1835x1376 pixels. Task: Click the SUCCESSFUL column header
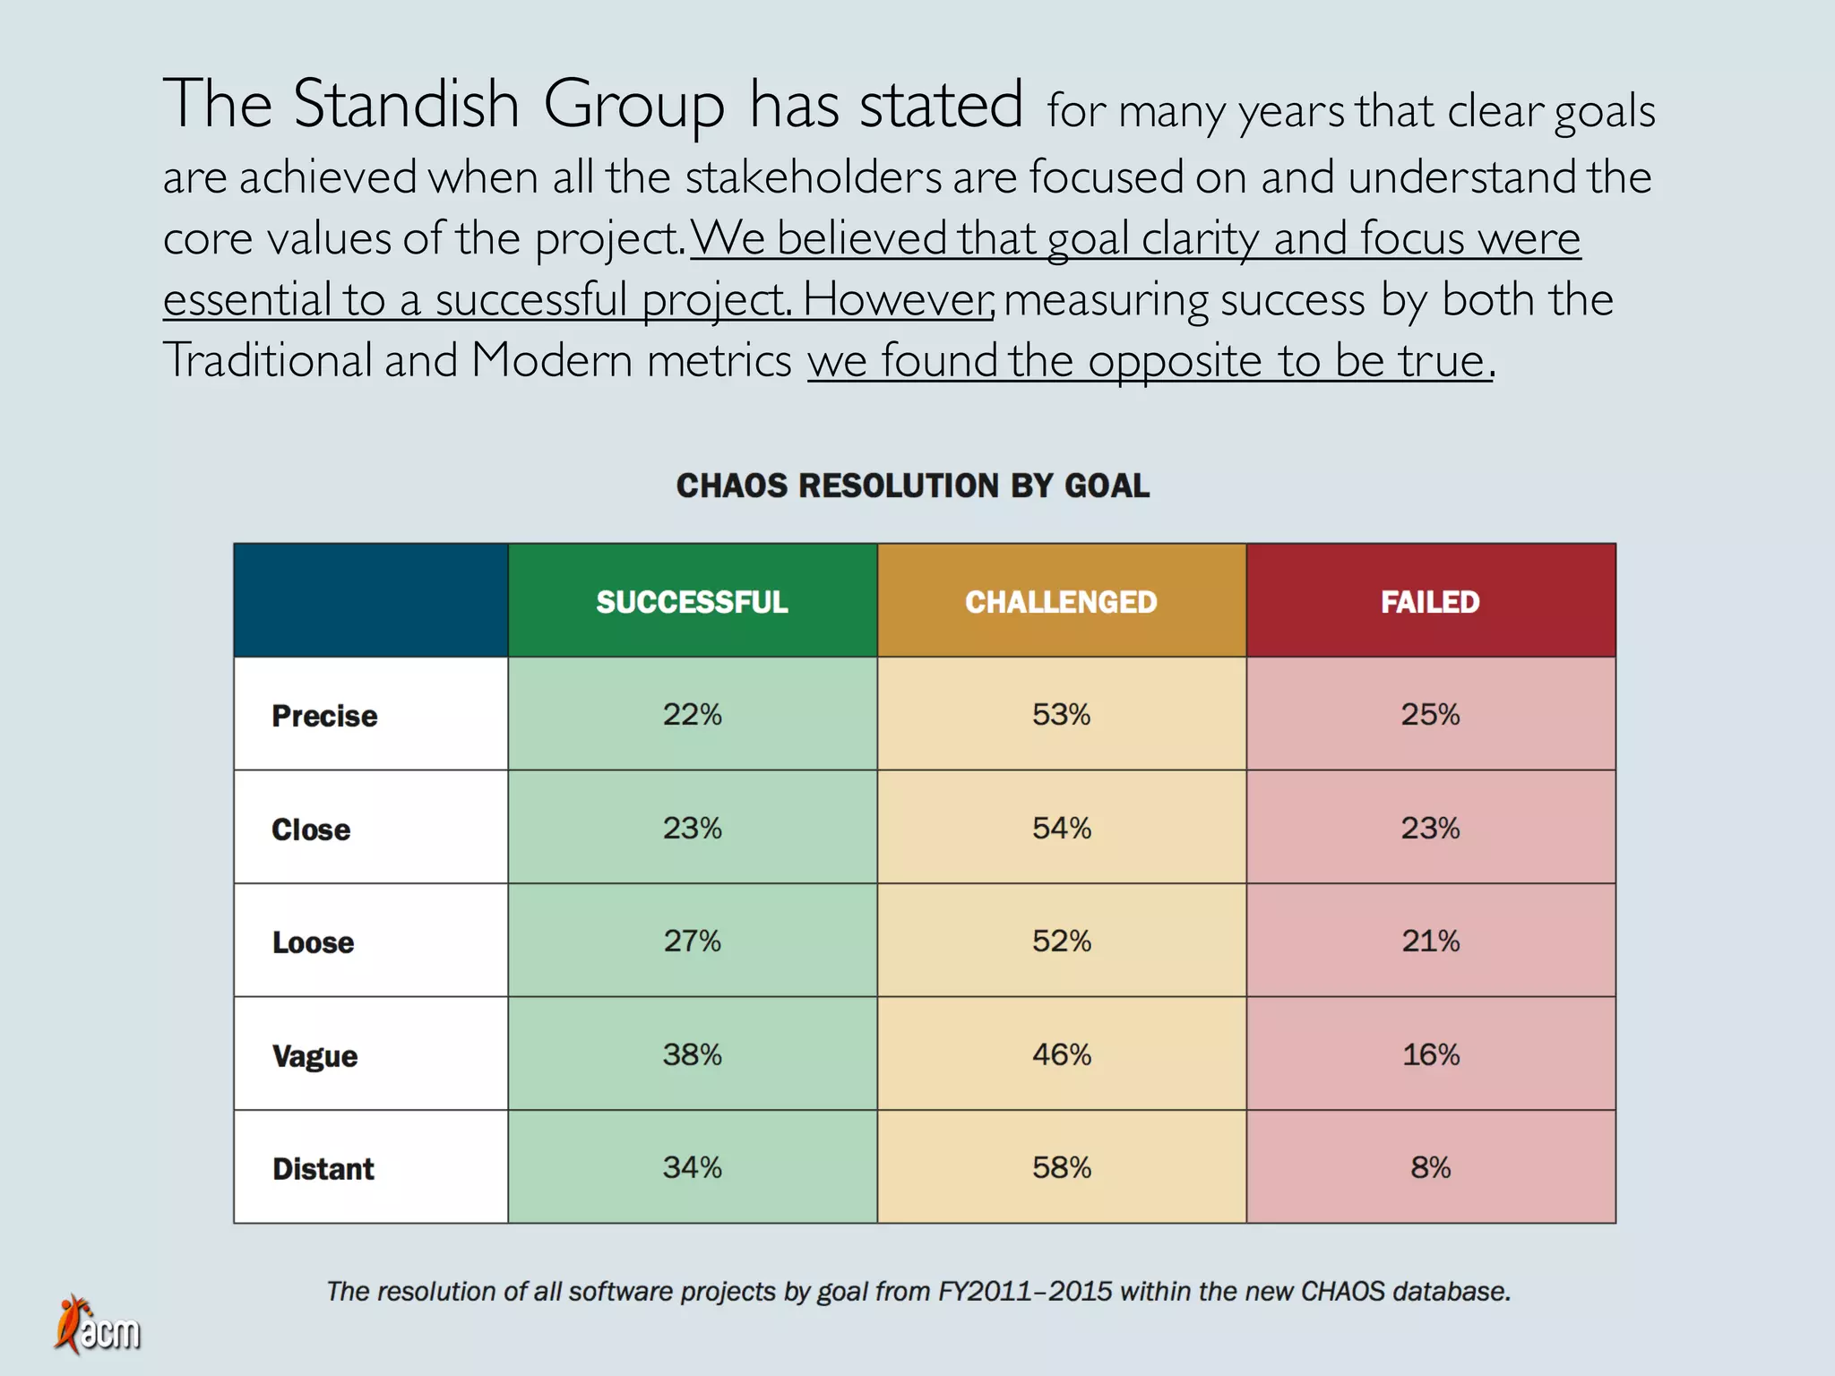click(x=692, y=601)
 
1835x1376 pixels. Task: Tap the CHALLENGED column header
click(x=1061, y=601)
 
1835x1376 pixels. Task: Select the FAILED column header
click(x=1430, y=601)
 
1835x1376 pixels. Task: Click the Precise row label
click(x=324, y=716)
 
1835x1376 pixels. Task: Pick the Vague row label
click(x=314, y=1056)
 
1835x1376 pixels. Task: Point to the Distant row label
click(x=323, y=1169)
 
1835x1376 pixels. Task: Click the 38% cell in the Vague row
click(x=692, y=1054)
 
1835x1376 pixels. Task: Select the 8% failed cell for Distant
click(x=1430, y=1167)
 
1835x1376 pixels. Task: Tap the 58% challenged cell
click(x=1061, y=1167)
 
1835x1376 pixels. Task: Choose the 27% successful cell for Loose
click(x=692, y=941)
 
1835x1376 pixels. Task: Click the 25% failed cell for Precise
click(x=1430, y=714)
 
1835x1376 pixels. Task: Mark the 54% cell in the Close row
click(x=1061, y=828)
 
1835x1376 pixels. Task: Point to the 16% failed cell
click(x=1430, y=1054)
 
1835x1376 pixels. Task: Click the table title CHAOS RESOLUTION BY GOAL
click(x=912, y=486)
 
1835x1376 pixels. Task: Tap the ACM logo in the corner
click(x=98, y=1326)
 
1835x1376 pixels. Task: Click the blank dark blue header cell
click(x=371, y=600)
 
